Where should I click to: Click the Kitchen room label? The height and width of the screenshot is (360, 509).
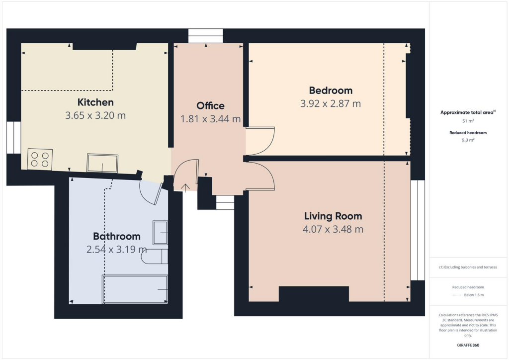coord(95,102)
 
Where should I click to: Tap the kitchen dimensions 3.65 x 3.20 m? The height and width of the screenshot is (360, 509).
coord(95,115)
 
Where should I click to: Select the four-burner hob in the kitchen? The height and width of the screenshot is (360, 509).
coord(40,159)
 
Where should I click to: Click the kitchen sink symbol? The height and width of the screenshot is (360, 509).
coord(103,163)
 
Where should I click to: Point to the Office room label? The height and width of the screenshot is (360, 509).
coord(210,105)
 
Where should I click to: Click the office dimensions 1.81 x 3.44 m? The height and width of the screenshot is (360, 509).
coord(211,119)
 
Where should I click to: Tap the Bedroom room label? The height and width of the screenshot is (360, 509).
coord(331,90)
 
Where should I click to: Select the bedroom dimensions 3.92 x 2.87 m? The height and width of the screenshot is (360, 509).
coord(331,103)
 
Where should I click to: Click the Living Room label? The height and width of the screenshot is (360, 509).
coord(333,216)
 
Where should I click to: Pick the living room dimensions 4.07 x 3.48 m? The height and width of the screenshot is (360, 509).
coord(333,229)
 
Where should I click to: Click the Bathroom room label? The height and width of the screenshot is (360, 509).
coord(117,236)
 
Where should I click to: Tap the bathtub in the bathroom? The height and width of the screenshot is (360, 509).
coord(135,289)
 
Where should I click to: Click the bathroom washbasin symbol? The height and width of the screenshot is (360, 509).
coord(160,233)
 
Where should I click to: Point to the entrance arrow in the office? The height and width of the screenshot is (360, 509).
coord(186,187)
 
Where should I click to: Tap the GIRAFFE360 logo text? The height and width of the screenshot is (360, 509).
coord(468,345)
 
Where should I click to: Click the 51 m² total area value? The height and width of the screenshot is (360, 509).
coord(468,121)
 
